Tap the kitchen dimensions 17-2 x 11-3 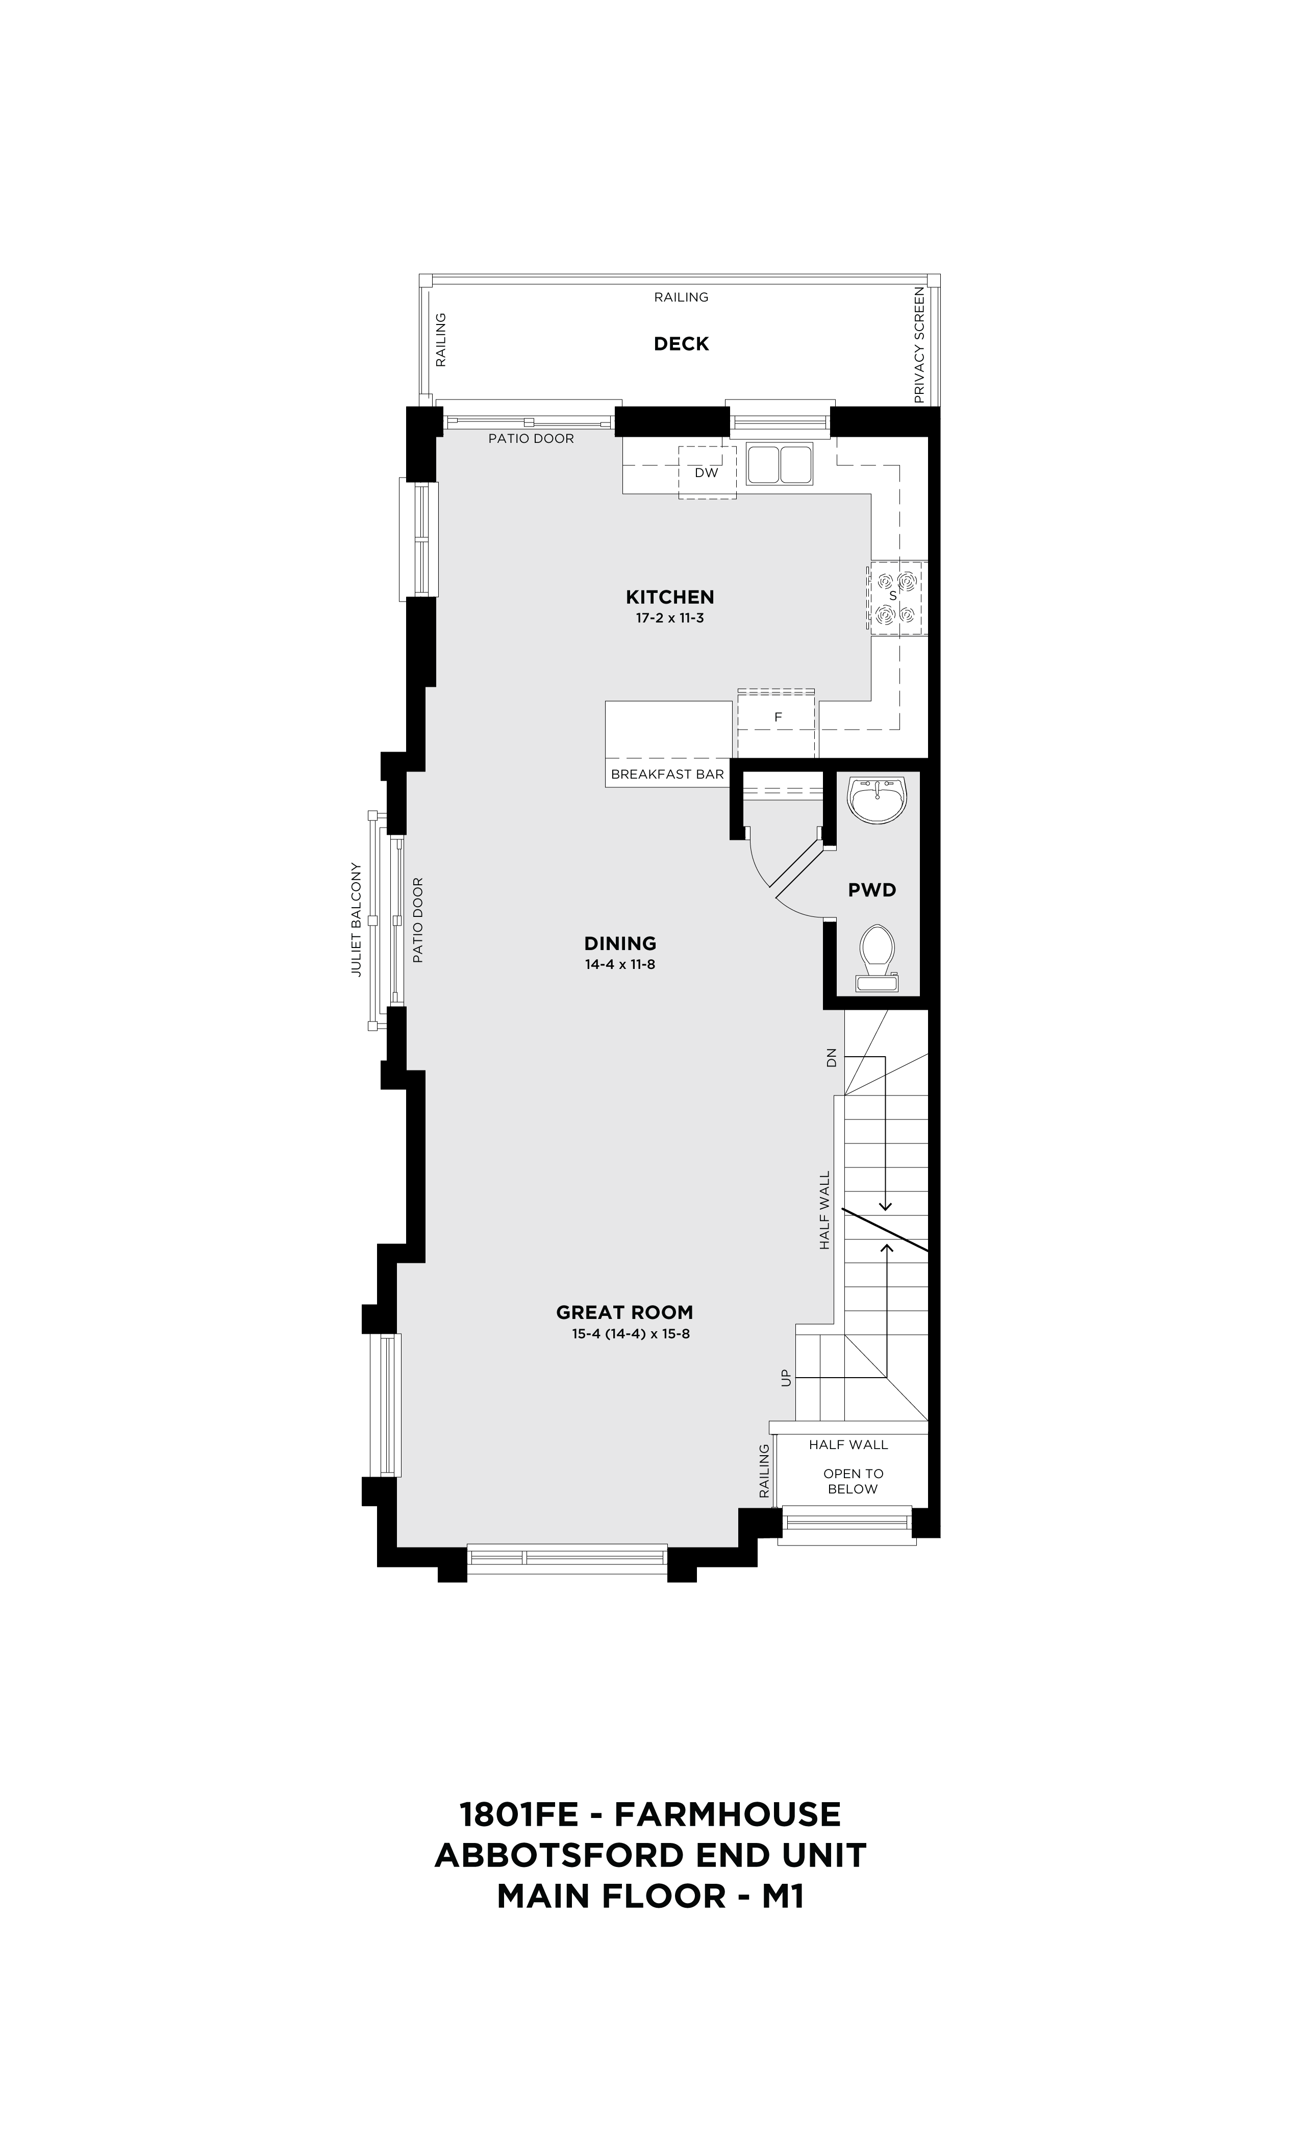pos(669,618)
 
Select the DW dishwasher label pos(706,473)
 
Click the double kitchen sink pos(779,464)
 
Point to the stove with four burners pos(896,597)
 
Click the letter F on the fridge pos(779,717)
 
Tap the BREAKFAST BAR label pos(667,774)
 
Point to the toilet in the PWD pos(877,958)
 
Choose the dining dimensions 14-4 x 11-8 pos(620,964)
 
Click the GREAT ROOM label pos(624,1312)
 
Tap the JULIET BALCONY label pos(356,919)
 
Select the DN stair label pos(832,1058)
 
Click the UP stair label pos(786,1379)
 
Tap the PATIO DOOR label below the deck pos(531,438)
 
